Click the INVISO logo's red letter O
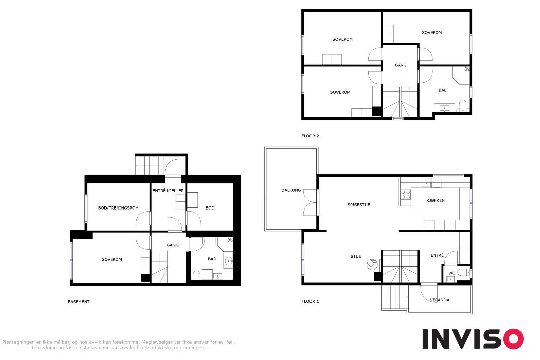coord(513,339)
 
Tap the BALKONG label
coord(291,190)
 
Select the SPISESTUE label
coord(358,205)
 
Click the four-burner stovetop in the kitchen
coord(405,194)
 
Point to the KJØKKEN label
coord(435,200)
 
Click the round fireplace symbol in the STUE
coord(372,264)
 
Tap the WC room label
coord(451,273)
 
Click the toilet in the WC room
coord(463,272)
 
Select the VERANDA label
coord(439,300)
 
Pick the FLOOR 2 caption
coord(310,136)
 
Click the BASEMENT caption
coord(78,302)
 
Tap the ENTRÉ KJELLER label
coord(168,191)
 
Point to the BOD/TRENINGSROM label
coord(118,208)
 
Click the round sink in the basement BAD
coord(228,261)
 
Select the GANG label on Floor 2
coord(400,65)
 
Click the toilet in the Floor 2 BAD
coord(462,106)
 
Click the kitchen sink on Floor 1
coord(426,183)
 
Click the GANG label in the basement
coord(172,245)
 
